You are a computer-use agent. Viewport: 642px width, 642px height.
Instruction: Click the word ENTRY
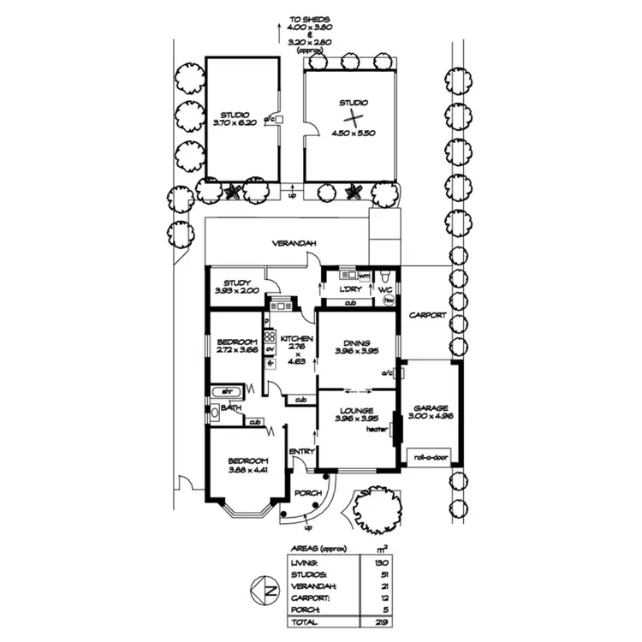click(302, 451)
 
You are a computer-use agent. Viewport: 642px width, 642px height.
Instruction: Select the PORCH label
click(306, 494)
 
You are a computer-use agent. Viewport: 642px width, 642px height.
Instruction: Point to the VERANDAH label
click(295, 244)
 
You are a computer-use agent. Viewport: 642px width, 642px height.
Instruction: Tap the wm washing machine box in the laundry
click(364, 276)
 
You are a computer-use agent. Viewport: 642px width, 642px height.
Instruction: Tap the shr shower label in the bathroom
click(228, 391)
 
